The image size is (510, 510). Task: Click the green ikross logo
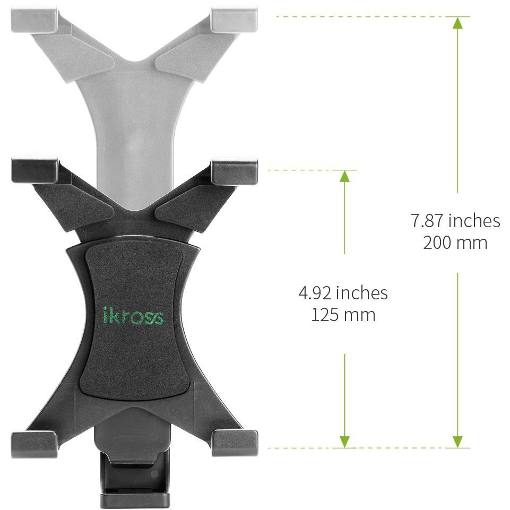click(x=133, y=315)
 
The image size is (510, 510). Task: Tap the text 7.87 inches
click(x=455, y=221)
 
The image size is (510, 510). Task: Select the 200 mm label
click(x=455, y=243)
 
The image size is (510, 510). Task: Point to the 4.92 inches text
click(x=343, y=293)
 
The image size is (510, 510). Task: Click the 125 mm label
click(x=343, y=315)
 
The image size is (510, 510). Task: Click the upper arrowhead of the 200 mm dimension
click(x=457, y=22)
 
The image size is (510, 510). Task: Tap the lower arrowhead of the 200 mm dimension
click(x=457, y=442)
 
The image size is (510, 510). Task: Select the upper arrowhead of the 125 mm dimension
click(x=345, y=176)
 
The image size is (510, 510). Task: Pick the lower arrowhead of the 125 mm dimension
click(x=345, y=442)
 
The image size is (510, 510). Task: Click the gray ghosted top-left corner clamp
click(x=34, y=20)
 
